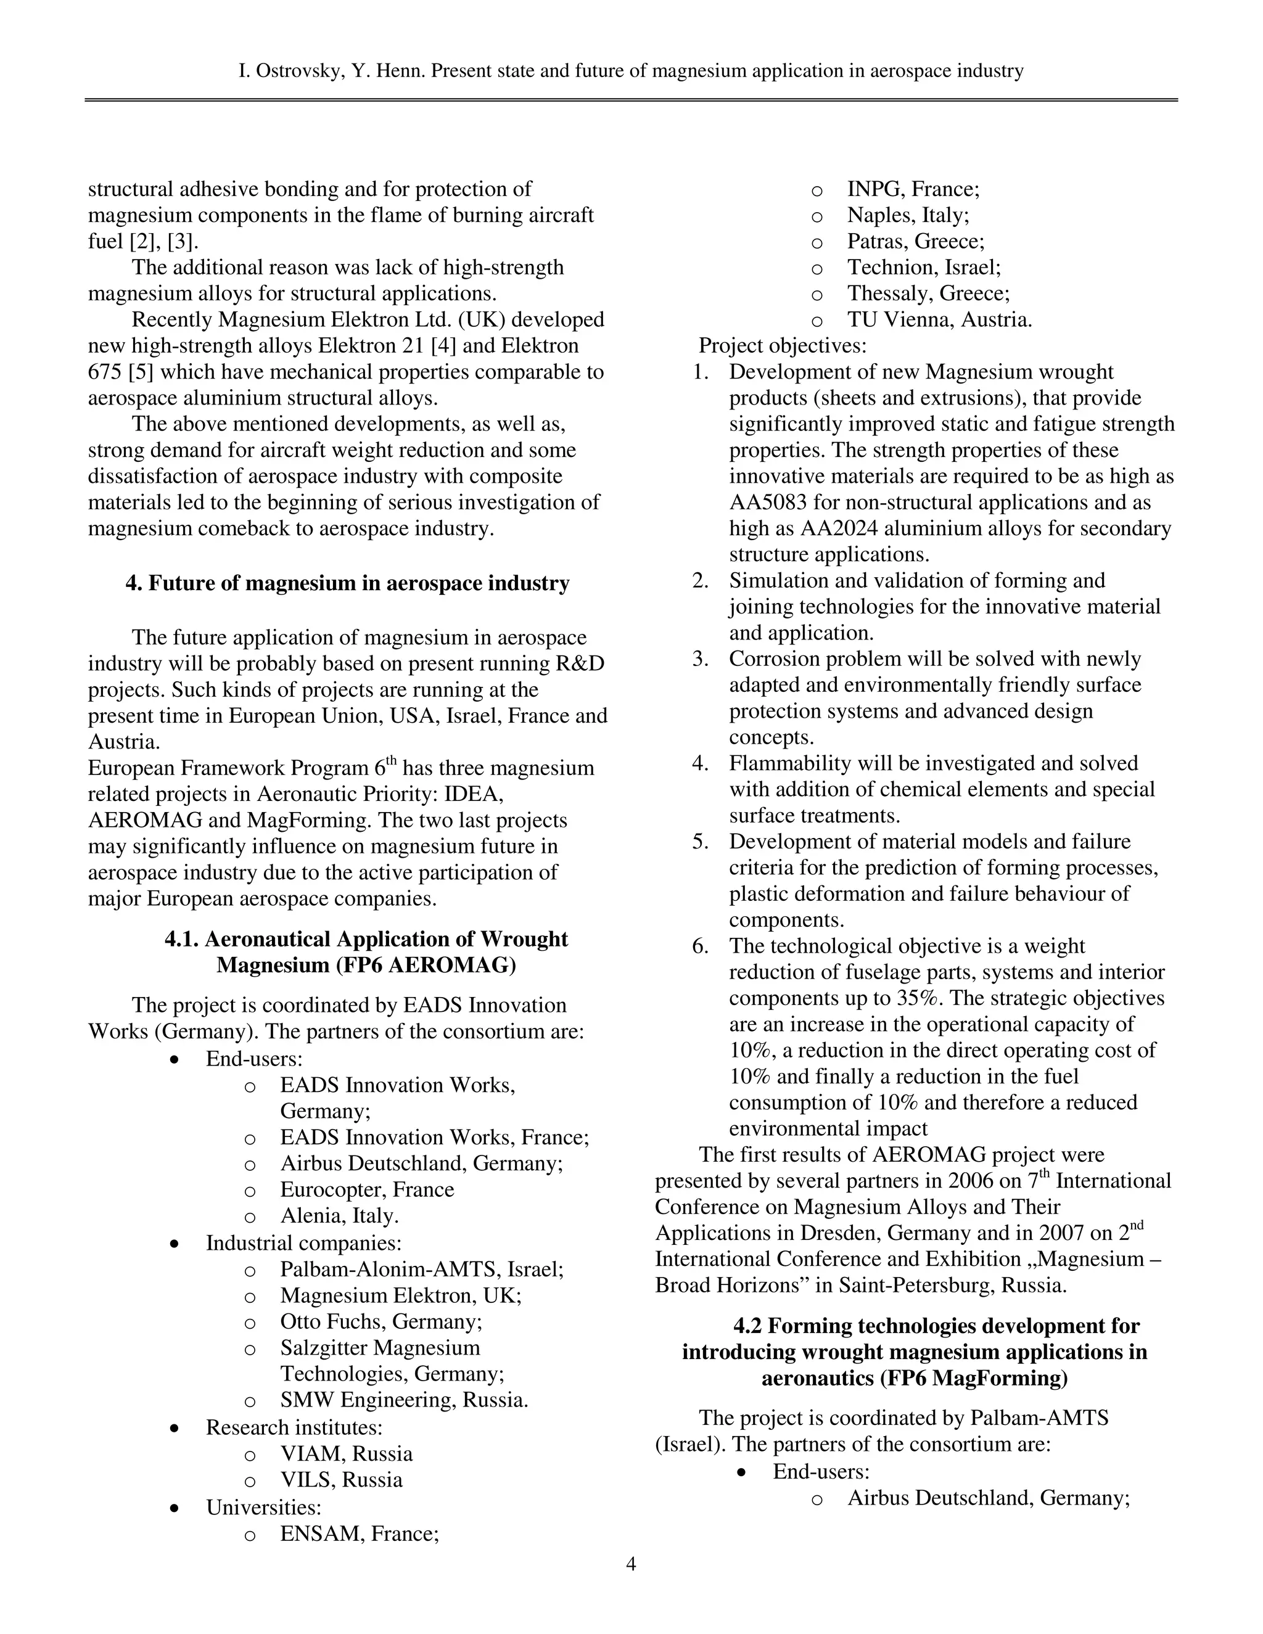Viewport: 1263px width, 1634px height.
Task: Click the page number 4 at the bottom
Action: point(631,1564)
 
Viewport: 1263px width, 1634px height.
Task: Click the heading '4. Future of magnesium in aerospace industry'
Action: point(347,583)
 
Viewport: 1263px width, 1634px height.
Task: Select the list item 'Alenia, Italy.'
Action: point(339,1216)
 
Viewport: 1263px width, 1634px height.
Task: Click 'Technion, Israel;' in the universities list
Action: point(923,267)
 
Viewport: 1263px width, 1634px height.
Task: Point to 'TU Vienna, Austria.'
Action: point(939,319)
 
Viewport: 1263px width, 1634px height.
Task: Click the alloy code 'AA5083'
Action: point(771,502)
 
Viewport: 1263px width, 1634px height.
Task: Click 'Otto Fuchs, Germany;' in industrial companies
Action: point(381,1321)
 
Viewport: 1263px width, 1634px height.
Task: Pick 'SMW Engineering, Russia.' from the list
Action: point(404,1400)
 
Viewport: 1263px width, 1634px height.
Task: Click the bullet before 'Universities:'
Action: point(175,1507)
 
